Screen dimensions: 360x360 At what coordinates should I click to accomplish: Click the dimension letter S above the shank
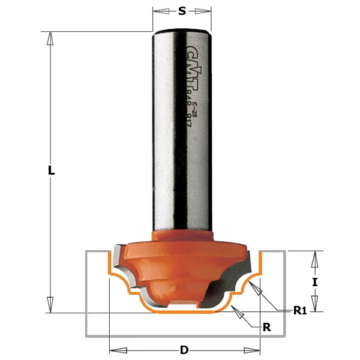pyautogui.click(x=182, y=11)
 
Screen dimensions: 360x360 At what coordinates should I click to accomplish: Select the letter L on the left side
pyautogui.click(x=52, y=170)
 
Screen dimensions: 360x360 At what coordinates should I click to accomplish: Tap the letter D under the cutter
pyautogui.click(x=184, y=350)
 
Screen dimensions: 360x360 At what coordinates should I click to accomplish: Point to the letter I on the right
pyautogui.click(x=314, y=281)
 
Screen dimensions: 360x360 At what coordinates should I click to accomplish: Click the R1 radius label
pyautogui.click(x=300, y=310)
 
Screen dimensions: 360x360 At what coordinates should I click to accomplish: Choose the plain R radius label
pyautogui.click(x=267, y=327)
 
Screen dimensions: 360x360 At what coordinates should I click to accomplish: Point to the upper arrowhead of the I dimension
pyautogui.click(x=314, y=258)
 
